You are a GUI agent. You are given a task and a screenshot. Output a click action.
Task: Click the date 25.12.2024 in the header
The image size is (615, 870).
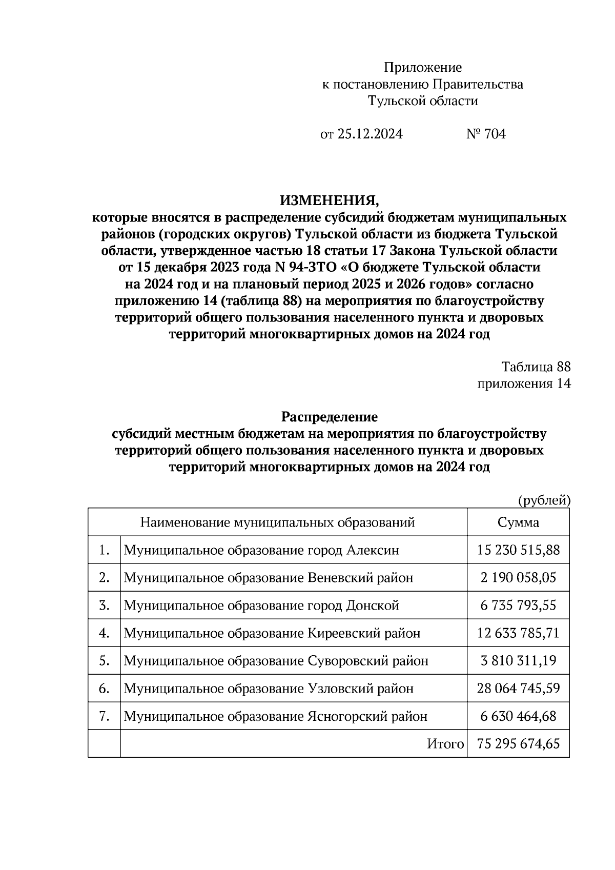click(370, 134)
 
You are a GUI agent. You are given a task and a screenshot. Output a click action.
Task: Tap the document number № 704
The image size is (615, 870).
click(486, 134)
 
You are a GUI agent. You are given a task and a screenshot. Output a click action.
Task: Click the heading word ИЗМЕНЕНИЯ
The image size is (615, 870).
click(329, 200)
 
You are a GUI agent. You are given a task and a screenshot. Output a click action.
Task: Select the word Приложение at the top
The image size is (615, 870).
click(423, 68)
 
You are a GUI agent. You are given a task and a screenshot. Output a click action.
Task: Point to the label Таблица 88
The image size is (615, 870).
click(536, 367)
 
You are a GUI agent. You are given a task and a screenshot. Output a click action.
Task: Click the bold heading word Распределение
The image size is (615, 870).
click(329, 417)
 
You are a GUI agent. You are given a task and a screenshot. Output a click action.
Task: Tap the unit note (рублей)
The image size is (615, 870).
click(544, 500)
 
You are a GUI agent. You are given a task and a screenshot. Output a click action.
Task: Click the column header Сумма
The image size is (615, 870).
click(518, 522)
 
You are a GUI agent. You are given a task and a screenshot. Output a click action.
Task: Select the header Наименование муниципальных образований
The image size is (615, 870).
click(277, 522)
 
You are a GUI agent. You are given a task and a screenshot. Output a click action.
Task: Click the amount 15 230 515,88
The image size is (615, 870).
click(518, 550)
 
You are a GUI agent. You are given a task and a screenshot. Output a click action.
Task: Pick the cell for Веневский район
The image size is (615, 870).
click(268, 578)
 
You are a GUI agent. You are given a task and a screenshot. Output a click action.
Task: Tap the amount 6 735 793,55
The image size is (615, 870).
click(518, 605)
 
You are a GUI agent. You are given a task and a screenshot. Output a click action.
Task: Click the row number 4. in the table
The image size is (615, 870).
click(105, 633)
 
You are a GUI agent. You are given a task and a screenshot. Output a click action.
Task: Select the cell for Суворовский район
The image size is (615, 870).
click(276, 661)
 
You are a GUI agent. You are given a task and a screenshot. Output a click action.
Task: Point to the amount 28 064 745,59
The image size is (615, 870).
click(518, 689)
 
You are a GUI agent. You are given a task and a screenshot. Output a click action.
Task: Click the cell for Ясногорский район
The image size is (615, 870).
click(275, 716)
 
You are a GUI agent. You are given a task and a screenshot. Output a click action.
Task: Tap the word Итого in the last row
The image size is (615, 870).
click(445, 744)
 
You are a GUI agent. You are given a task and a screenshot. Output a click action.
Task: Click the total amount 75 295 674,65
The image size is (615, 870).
click(518, 744)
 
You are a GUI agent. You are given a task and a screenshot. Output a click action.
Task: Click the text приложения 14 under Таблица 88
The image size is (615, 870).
click(524, 384)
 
